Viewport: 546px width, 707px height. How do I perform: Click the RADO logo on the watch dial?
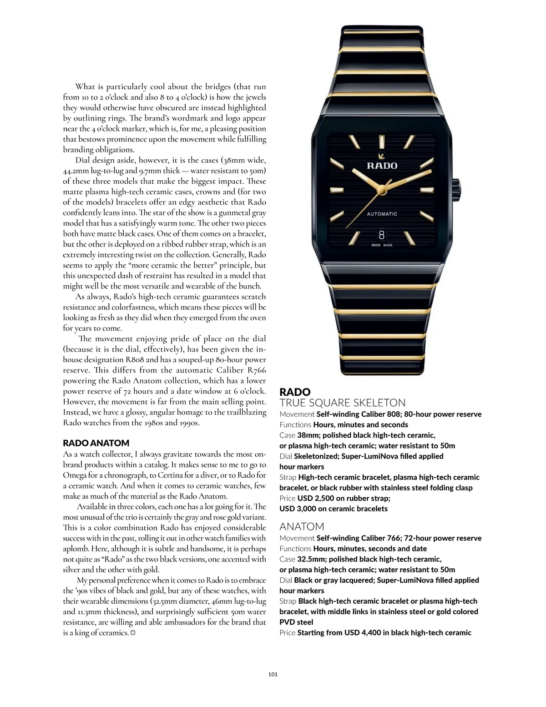(382, 165)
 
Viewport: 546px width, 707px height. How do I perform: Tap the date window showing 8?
(381, 235)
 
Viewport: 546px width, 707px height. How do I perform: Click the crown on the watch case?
(456, 189)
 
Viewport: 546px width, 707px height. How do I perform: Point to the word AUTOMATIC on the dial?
(382, 214)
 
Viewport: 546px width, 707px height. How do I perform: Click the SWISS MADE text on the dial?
(381, 245)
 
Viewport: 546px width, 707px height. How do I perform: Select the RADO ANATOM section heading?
(96, 443)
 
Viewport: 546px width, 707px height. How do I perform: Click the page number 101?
(273, 674)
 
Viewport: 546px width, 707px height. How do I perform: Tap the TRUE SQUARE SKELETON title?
(342, 403)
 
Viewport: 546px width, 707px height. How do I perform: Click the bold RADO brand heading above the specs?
(295, 392)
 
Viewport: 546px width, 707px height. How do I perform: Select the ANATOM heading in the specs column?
(302, 526)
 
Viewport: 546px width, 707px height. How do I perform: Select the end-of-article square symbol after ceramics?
(133, 633)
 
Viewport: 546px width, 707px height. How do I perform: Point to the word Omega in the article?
(74, 475)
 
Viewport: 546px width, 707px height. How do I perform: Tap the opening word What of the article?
(85, 86)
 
